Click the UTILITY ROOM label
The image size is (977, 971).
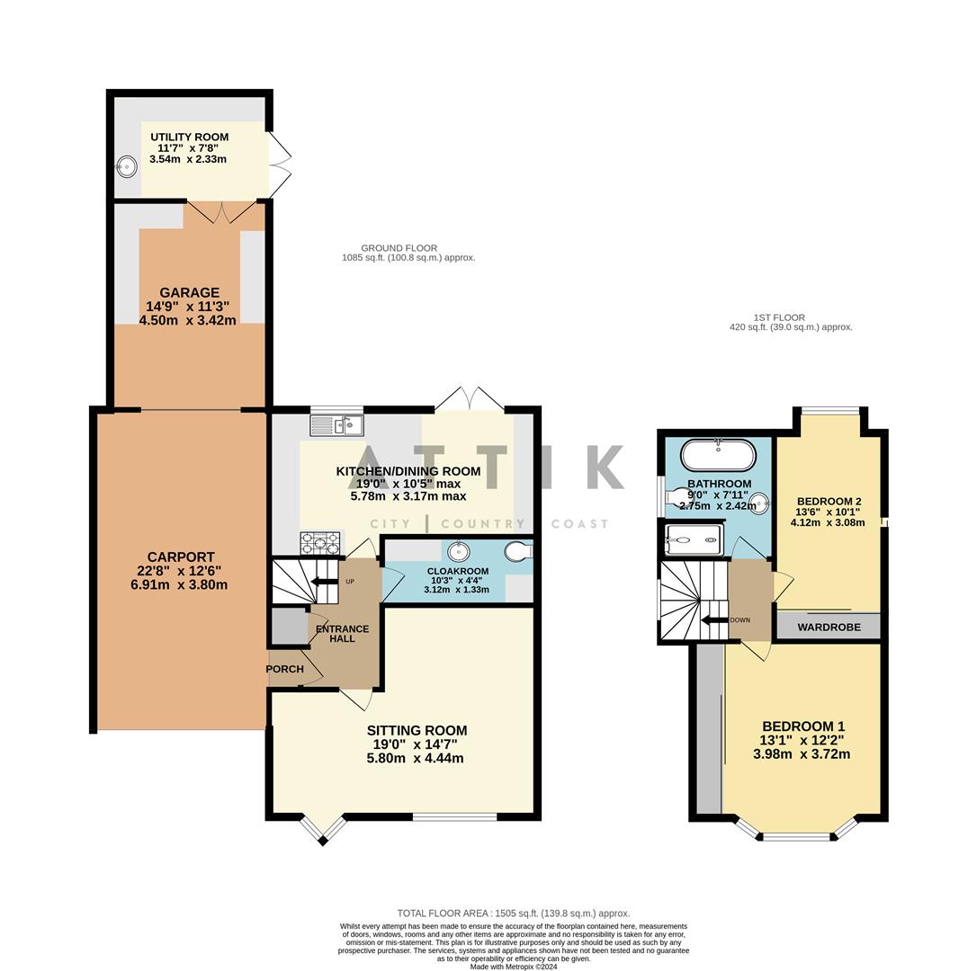pos(189,137)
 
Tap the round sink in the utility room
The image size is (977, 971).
pos(127,166)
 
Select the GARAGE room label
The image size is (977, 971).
pos(189,292)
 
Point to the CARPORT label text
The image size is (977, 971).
pos(181,557)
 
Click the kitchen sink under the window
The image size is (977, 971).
pos(336,424)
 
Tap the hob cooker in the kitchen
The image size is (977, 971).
pos(319,542)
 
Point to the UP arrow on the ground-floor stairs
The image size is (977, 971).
pos(319,582)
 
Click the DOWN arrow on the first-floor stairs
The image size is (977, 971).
pos(715,619)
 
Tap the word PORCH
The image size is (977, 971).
pos(284,669)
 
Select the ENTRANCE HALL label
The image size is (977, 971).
pos(342,634)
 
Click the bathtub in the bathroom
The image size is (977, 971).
pos(718,455)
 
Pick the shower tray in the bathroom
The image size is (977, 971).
pos(693,540)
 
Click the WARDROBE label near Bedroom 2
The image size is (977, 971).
pos(829,627)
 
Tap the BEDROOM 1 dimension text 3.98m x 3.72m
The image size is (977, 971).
pos(802,754)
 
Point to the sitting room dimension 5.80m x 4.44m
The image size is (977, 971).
pos(417,758)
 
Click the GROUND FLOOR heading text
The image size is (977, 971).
pos(399,248)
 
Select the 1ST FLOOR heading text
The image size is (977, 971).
pos(779,317)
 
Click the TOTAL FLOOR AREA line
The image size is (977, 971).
pos(513,913)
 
